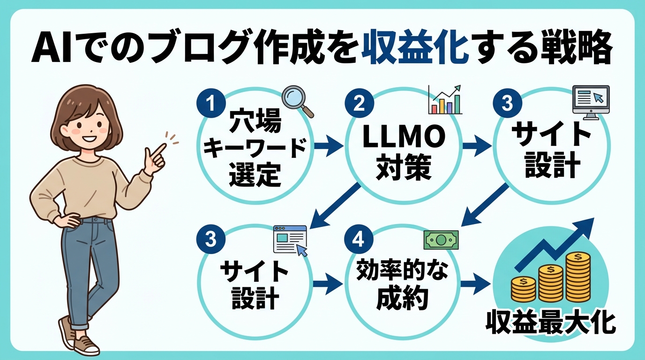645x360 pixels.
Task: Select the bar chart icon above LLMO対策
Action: point(445,100)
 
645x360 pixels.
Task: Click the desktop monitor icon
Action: point(591,102)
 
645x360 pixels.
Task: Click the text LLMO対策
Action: point(403,152)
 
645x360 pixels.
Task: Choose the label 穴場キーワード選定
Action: point(255,149)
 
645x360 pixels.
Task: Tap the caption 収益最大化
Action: point(550,322)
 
